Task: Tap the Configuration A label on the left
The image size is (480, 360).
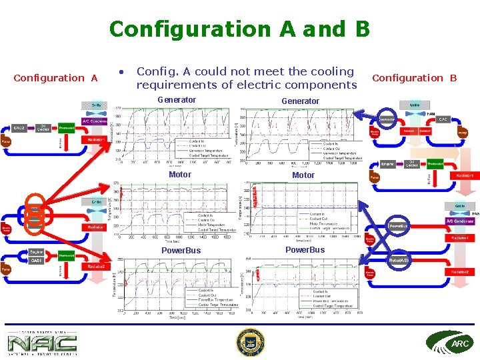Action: coord(56,78)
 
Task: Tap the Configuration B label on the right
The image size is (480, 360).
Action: coord(414,78)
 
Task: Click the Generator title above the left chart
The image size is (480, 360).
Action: coord(177,100)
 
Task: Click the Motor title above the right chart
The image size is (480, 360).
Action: coord(303,175)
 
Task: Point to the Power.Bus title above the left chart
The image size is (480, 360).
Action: coord(182,251)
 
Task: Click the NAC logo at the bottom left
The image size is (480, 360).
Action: coord(42,343)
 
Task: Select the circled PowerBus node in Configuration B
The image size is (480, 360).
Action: coord(399,226)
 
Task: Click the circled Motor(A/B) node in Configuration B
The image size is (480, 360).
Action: coord(399,259)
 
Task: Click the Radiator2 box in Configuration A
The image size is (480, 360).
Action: coord(93,267)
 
